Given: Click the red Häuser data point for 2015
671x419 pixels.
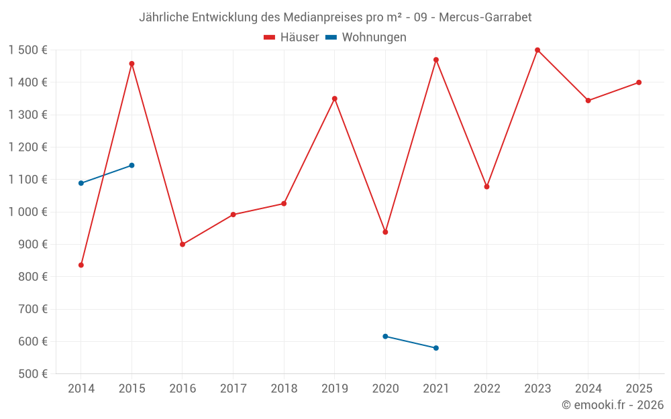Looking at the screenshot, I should pos(132,64).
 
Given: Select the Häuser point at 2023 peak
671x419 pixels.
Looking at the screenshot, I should pos(537,50).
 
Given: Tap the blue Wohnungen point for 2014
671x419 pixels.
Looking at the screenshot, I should pos(81,183).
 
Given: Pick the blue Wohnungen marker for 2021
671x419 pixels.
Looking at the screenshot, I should pos(436,348).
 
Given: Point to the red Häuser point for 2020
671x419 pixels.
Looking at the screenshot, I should pos(385,232).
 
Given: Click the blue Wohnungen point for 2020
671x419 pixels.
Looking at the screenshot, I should pos(385,337).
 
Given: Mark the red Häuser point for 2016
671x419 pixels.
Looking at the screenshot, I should pos(183,244).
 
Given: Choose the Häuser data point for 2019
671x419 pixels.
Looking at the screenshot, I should pos(335,99).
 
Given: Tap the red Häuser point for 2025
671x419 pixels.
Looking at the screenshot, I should pos(639,82).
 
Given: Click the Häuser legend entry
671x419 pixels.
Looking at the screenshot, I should pos(291,38).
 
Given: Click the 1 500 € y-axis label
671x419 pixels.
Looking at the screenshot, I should pos(28,50).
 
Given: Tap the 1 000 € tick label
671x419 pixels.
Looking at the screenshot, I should pos(28,212).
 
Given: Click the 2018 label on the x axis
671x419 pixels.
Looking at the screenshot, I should pos(284,389).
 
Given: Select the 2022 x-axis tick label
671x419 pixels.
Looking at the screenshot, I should pos(486,389).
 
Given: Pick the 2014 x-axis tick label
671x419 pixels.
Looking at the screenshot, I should pos(81,389).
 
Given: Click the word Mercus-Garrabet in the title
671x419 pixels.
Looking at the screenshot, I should pos(485,17).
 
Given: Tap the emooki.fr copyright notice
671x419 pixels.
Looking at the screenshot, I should pos(613,405).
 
